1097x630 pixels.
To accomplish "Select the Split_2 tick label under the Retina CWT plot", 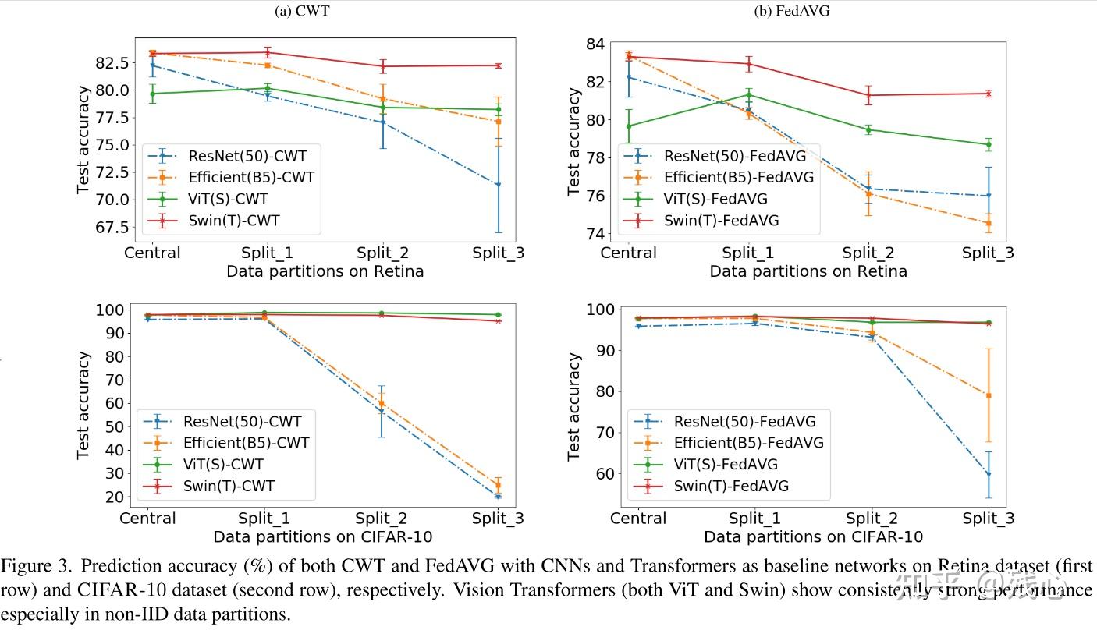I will [x=382, y=253].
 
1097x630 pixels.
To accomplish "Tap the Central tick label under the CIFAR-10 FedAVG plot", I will [x=638, y=519].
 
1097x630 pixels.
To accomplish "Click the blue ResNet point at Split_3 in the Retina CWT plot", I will [x=498, y=185].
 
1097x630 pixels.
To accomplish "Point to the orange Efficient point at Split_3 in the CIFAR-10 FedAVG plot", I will [x=988, y=395].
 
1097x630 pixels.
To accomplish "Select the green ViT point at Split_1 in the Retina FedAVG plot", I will [x=749, y=95].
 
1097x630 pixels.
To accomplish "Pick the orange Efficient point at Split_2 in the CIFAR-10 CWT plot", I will [x=382, y=403].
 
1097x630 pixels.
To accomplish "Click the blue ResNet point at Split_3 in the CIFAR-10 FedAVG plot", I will [x=988, y=474].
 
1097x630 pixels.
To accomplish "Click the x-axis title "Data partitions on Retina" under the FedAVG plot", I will [x=808, y=271].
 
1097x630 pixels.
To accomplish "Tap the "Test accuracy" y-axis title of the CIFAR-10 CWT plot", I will [x=83, y=405].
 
